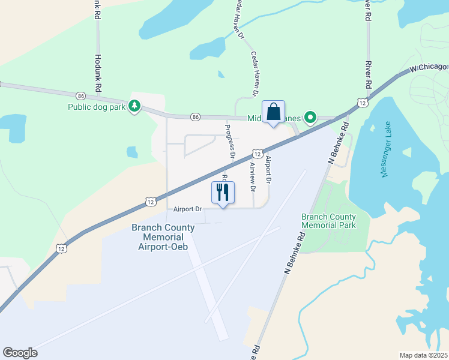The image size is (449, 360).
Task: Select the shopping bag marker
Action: pos(273,112)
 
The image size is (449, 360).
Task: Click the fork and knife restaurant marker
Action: pos(223,193)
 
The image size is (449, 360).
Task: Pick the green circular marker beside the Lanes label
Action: pos(310,117)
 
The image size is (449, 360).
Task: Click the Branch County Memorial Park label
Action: pos(328,221)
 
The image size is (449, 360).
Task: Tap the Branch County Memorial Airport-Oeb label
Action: pos(163,237)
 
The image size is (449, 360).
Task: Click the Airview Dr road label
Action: pos(253,176)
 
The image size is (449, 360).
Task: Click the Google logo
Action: pos(20,352)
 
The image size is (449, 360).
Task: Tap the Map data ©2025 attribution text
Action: pos(423,355)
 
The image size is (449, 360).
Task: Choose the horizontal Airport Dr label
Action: pos(187,209)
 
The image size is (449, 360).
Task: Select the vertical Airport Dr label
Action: pos(268,169)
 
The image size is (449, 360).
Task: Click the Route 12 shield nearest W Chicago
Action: pos(362,103)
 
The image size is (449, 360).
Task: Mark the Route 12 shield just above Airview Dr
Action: pos(256,154)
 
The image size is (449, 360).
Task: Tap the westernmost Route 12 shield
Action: pos(61,247)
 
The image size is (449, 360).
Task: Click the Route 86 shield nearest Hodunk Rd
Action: pos(81,95)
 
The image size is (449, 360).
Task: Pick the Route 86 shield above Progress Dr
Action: pos(195,116)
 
